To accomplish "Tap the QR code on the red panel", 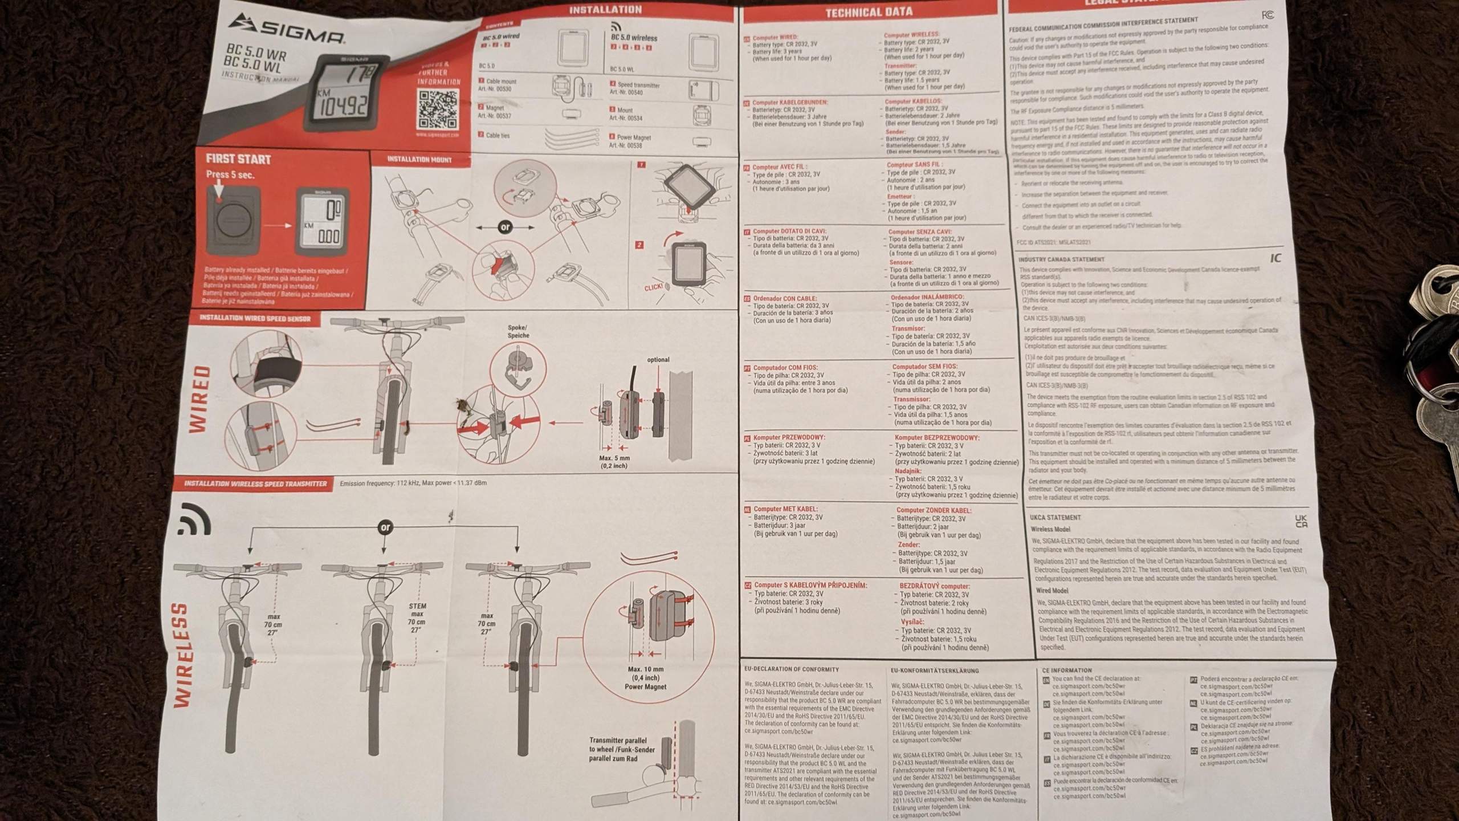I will click(437, 109).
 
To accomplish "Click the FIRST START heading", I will click(238, 159).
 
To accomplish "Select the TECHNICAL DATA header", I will click(869, 11).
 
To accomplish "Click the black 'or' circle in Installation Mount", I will click(505, 227).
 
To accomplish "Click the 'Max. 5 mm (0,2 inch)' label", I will click(614, 462).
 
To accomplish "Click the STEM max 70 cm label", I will click(417, 617).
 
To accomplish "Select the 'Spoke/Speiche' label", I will click(518, 331).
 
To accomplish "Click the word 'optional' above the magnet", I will click(658, 360).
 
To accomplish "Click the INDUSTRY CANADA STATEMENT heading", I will click(1061, 259).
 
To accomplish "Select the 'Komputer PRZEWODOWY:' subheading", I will click(789, 437).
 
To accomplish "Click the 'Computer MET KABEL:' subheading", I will click(785, 509).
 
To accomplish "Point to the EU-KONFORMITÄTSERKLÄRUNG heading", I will click(934, 670).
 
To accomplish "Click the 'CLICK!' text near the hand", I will click(654, 287).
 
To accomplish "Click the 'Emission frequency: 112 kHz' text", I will click(413, 483).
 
